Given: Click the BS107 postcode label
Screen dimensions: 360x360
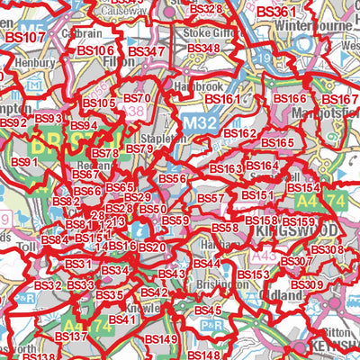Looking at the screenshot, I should click(x=25, y=38).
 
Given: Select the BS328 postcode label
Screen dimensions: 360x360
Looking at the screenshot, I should click(x=205, y=8).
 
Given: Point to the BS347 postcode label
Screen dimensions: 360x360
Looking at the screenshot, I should click(x=147, y=51).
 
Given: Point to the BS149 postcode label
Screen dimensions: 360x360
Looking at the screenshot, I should click(x=161, y=338).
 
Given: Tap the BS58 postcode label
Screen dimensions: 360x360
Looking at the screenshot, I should click(x=225, y=229).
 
